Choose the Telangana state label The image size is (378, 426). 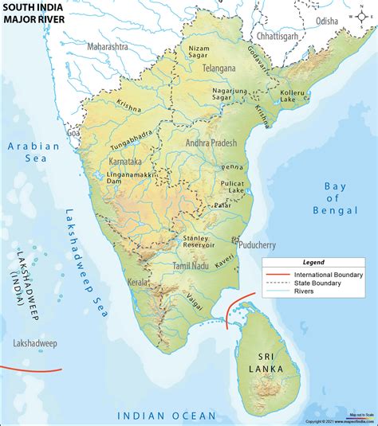tap(218, 68)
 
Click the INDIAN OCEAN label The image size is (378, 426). tap(166, 416)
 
